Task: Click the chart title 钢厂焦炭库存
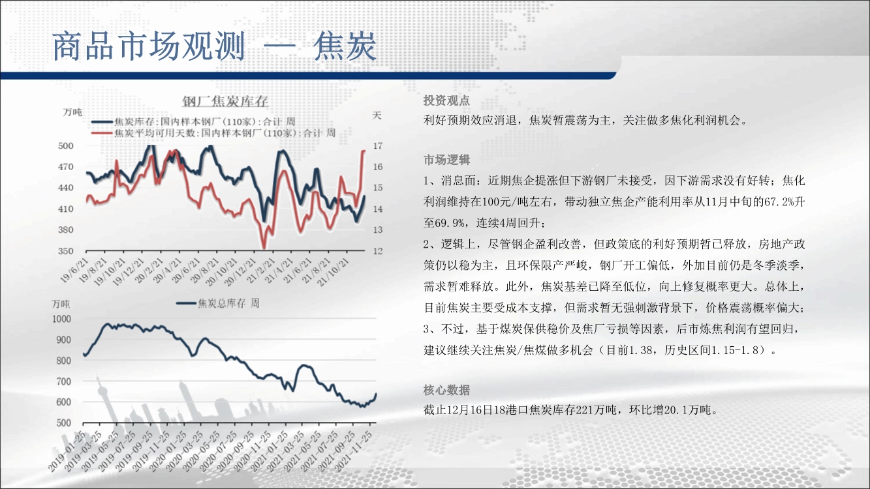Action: pyautogui.click(x=225, y=101)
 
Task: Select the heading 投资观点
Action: pyautogui.click(x=446, y=100)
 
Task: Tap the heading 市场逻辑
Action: pyautogui.click(x=446, y=160)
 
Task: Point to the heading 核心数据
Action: pyautogui.click(x=446, y=390)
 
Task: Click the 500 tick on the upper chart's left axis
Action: pyautogui.click(x=65, y=146)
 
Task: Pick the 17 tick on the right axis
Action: pyautogui.click(x=378, y=146)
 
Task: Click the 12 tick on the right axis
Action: pyautogui.click(x=378, y=251)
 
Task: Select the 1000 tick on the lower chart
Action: pyautogui.click(x=62, y=319)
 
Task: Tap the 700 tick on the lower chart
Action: pyautogui.click(x=64, y=381)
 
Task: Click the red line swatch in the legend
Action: pyautogui.click(x=102, y=133)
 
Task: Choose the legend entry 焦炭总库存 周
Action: pyautogui.click(x=228, y=303)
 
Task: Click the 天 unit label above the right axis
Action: pyautogui.click(x=377, y=115)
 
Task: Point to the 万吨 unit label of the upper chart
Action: pyautogui.click(x=72, y=112)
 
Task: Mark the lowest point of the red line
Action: pyautogui.click(x=264, y=248)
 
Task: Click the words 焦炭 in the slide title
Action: pyautogui.click(x=345, y=46)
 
